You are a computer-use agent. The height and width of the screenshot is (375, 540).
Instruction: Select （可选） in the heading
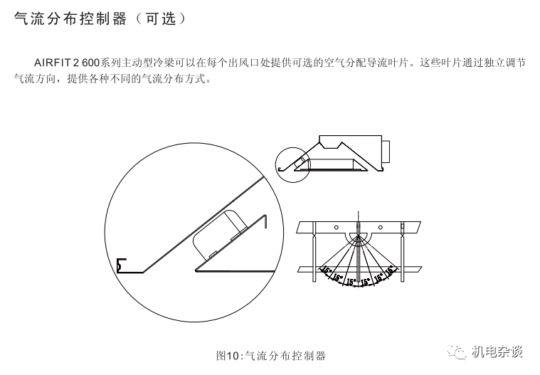pyautogui.click(x=160, y=19)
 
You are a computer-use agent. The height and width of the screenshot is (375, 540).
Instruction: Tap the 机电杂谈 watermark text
pyautogui.click(x=498, y=352)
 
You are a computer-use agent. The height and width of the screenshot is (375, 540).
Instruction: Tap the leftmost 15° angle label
pyautogui.click(x=325, y=270)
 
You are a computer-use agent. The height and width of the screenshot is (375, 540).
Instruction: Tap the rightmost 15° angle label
pyautogui.click(x=390, y=270)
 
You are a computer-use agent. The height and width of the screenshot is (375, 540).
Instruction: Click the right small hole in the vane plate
pyautogui.click(x=381, y=228)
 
